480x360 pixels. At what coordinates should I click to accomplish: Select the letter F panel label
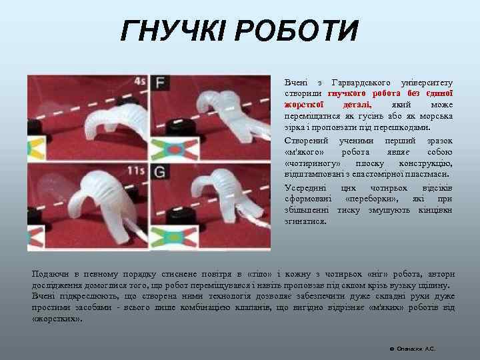(x=159, y=83)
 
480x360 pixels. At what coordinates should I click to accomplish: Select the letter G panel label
(x=159, y=172)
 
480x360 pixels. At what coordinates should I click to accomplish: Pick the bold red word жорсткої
(x=305, y=105)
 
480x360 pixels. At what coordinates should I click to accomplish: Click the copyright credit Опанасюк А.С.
(x=415, y=349)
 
